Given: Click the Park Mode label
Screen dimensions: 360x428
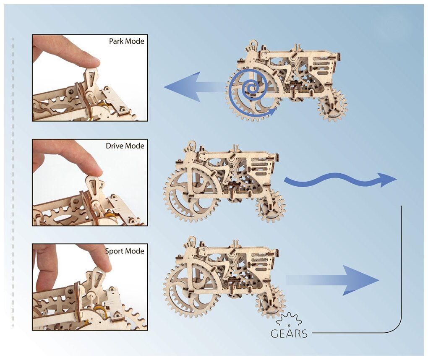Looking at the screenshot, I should tap(126, 42).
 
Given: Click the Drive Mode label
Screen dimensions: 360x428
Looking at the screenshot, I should tap(125, 146).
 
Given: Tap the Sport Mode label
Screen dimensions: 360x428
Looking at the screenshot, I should tap(125, 251).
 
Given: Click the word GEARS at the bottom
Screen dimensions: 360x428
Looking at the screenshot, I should tap(289, 334).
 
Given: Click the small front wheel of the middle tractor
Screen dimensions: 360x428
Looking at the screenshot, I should tap(271, 206).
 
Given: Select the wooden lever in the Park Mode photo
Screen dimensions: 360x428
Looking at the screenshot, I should tap(91, 80).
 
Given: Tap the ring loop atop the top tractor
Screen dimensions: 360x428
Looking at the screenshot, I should tap(253, 43).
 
